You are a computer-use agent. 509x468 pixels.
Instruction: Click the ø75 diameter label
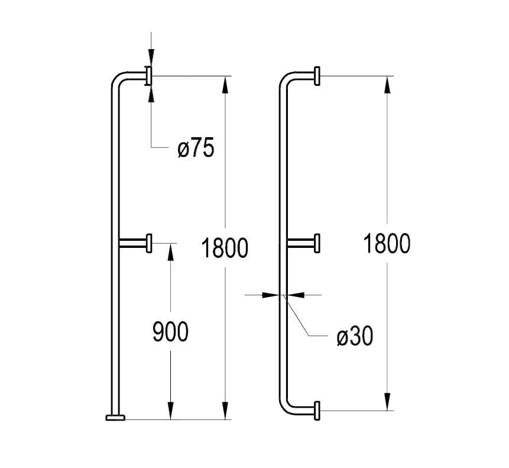(195, 149)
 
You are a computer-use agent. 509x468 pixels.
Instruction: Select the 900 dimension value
(170, 332)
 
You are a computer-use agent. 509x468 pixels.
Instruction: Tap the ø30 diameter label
(355, 336)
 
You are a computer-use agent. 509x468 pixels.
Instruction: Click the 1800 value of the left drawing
(224, 248)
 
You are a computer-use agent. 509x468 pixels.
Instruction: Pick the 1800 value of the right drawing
(387, 244)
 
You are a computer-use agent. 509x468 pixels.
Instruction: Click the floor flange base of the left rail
(116, 418)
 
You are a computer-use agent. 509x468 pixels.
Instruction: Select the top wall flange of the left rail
(149, 76)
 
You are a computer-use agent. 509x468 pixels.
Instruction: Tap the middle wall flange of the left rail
(150, 242)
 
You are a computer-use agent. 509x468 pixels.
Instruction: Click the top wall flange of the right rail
(318, 76)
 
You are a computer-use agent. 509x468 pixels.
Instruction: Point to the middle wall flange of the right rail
(318, 243)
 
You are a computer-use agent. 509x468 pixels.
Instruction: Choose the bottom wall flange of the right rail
(318, 410)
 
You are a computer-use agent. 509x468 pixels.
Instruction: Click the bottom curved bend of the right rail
(286, 405)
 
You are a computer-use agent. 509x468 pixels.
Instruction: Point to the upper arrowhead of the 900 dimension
(170, 250)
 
